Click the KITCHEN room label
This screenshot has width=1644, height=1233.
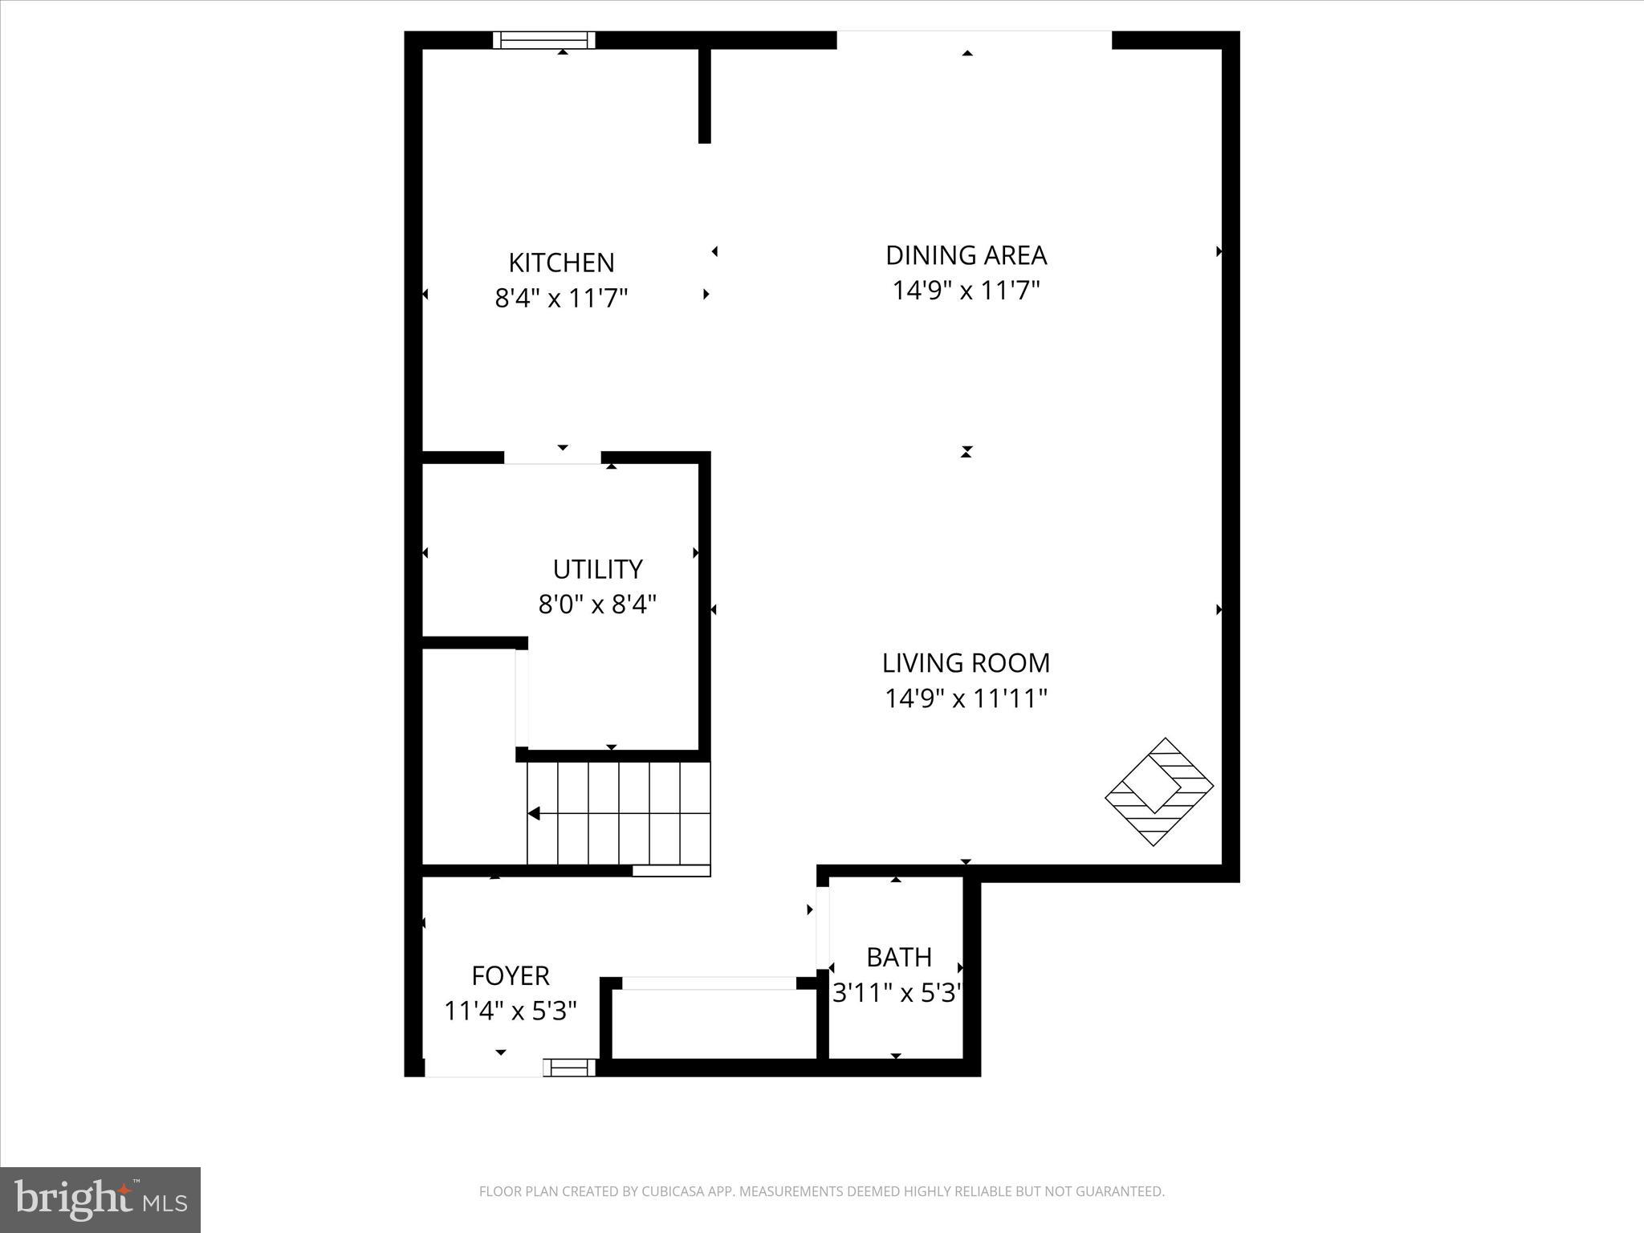561,262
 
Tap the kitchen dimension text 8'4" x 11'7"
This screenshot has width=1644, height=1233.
561,299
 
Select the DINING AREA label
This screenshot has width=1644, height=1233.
966,255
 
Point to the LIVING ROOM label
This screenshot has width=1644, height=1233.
966,663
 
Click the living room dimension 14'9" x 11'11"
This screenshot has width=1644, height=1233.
966,698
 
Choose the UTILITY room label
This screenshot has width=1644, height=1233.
597,569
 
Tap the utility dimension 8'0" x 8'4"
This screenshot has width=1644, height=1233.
597,604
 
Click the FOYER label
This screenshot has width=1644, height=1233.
511,975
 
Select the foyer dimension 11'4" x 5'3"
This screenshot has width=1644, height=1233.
511,1011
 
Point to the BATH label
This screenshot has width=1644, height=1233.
899,957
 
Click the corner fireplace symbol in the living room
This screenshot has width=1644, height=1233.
1159,791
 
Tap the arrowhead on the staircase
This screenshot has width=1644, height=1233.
534,814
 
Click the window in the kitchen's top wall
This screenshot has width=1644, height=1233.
544,40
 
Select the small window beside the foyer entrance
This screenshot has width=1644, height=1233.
570,1067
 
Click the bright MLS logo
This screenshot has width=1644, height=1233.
100,1200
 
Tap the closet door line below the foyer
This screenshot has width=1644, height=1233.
709,983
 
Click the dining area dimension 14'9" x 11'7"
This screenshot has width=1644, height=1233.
966,291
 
